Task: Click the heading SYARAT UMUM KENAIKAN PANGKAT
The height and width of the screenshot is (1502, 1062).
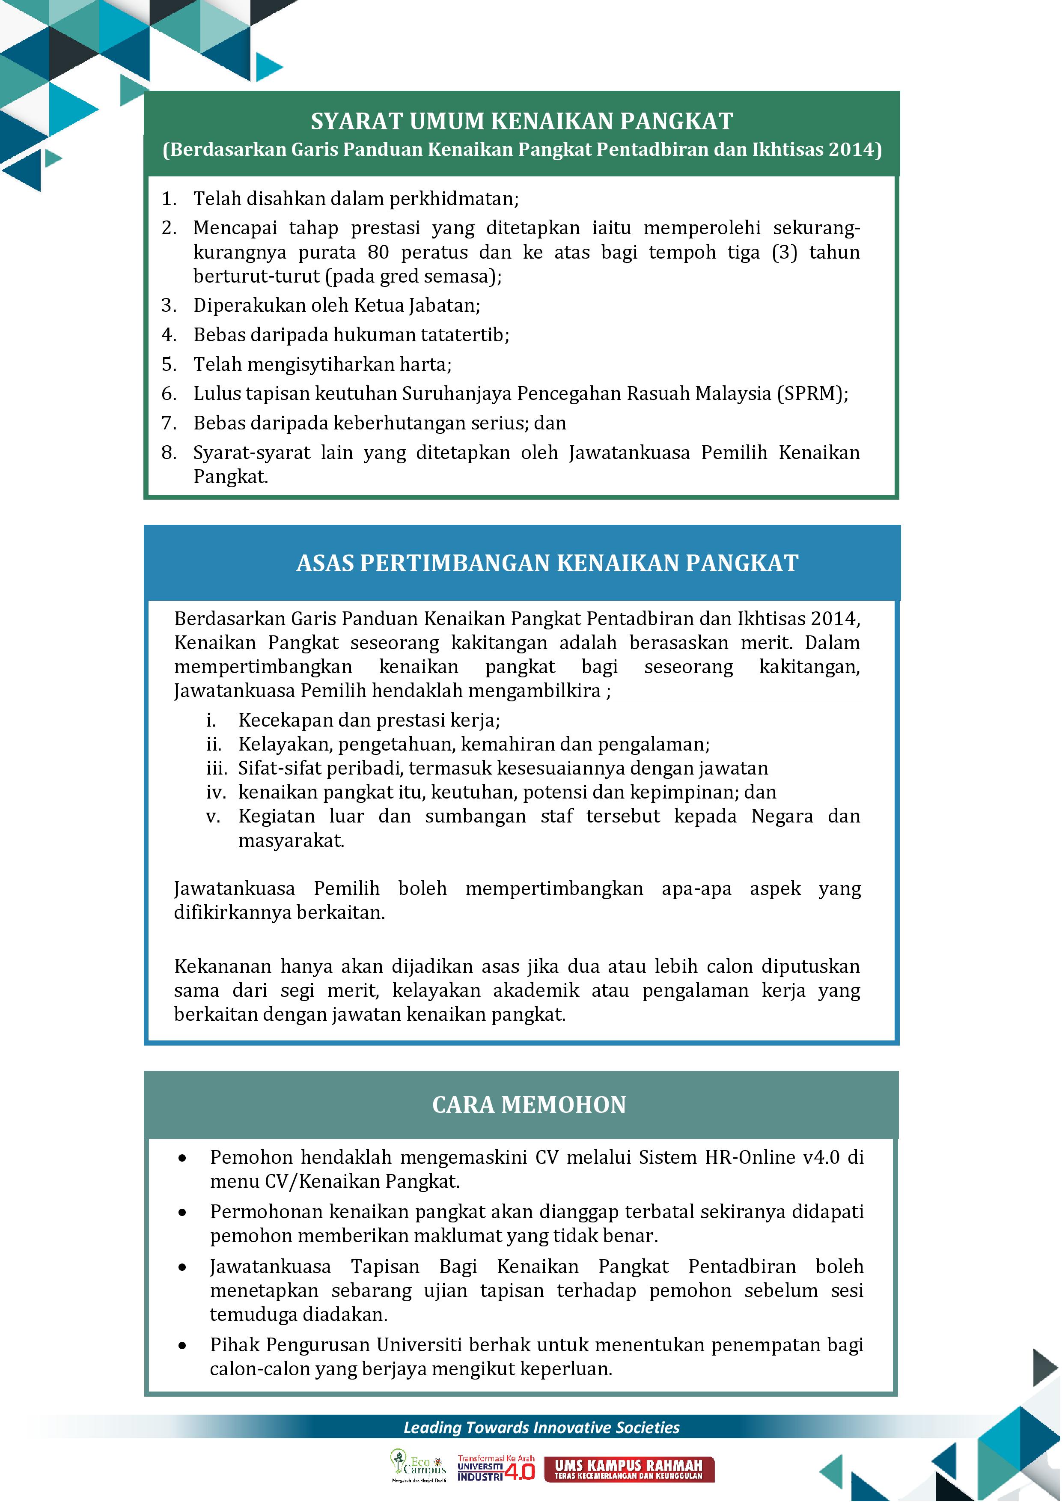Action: (x=521, y=122)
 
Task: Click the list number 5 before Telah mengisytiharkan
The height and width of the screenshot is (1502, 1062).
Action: (x=169, y=364)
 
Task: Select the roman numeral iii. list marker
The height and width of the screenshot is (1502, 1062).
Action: (x=217, y=768)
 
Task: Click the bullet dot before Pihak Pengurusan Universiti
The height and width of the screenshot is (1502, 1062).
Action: (x=182, y=1346)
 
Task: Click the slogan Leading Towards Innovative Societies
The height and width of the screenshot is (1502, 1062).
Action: (x=541, y=1427)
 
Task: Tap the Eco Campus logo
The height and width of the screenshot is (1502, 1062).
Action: (x=419, y=1465)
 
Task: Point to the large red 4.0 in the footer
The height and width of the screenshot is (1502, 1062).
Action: (x=520, y=1471)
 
